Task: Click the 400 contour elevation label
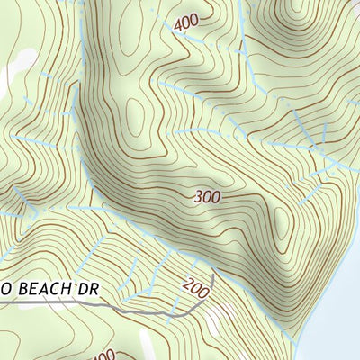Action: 186,22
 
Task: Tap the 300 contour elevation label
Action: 206,195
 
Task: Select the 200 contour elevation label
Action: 195,286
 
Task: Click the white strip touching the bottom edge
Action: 147,346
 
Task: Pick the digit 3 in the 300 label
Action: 198,197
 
